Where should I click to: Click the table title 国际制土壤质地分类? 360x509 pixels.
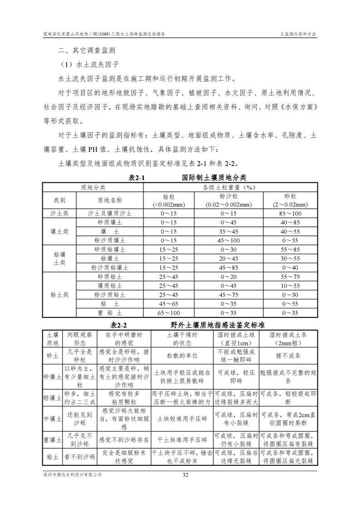pyautogui.click(x=214, y=178)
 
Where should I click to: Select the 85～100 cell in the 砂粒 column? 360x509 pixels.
pyautogui.click(x=290, y=213)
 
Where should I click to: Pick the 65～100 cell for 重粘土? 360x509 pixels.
pyautogui.click(x=169, y=313)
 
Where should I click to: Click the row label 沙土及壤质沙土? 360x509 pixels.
pyautogui.click(x=109, y=213)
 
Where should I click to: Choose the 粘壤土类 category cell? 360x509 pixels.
pyautogui.click(x=59, y=258)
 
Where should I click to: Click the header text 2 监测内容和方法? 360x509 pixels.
pyautogui.click(x=298, y=34)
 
